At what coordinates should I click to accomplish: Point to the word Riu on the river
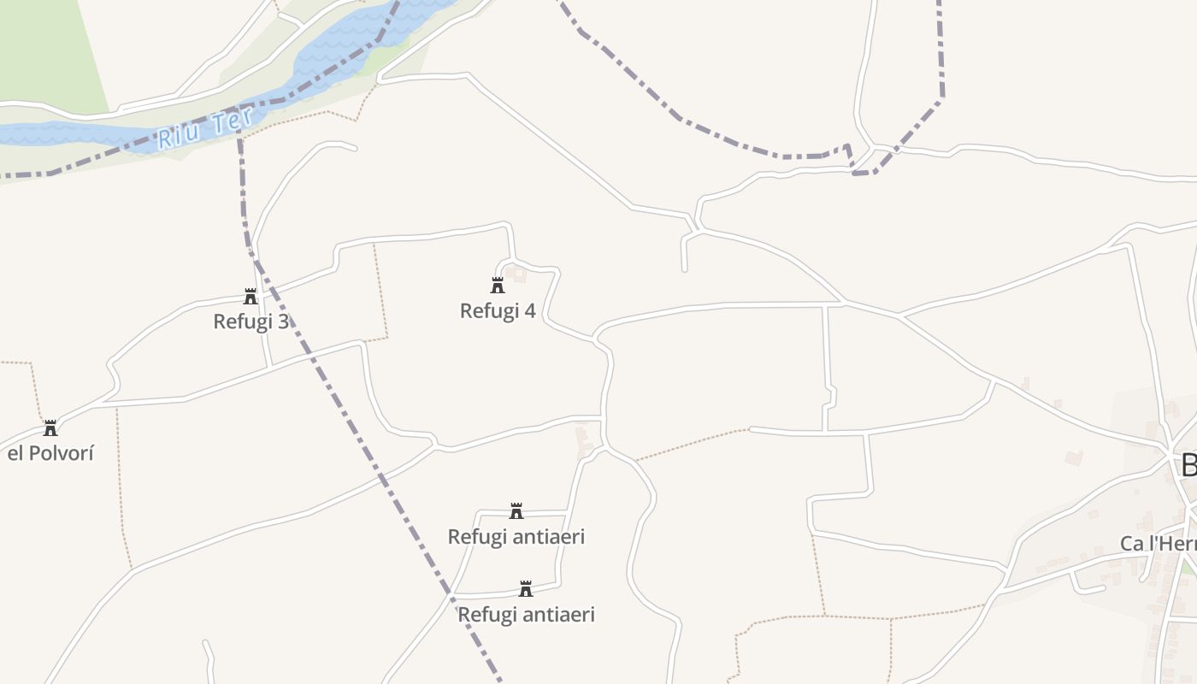click(x=178, y=137)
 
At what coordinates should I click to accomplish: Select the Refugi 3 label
click(x=251, y=322)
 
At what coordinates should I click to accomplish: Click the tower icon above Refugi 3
click(x=251, y=297)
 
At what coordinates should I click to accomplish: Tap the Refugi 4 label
click(x=498, y=311)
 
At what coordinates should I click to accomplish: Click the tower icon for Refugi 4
click(x=498, y=286)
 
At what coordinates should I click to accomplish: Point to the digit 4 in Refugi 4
click(x=530, y=311)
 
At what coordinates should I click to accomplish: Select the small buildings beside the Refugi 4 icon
click(x=516, y=274)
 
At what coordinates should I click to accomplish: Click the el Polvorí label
click(x=50, y=453)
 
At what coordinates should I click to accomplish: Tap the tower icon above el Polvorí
click(x=50, y=427)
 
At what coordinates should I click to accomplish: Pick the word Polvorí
click(x=61, y=453)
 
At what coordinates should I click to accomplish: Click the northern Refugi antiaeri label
click(x=516, y=537)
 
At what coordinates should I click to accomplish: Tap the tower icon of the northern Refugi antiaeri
click(x=516, y=511)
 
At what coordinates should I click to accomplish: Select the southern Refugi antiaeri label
click(x=526, y=615)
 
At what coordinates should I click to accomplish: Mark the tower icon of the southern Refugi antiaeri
click(x=526, y=589)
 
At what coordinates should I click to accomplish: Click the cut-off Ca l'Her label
click(x=1158, y=544)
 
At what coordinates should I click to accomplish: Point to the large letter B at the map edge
click(x=1188, y=466)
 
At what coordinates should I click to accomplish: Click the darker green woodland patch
click(x=47, y=51)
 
